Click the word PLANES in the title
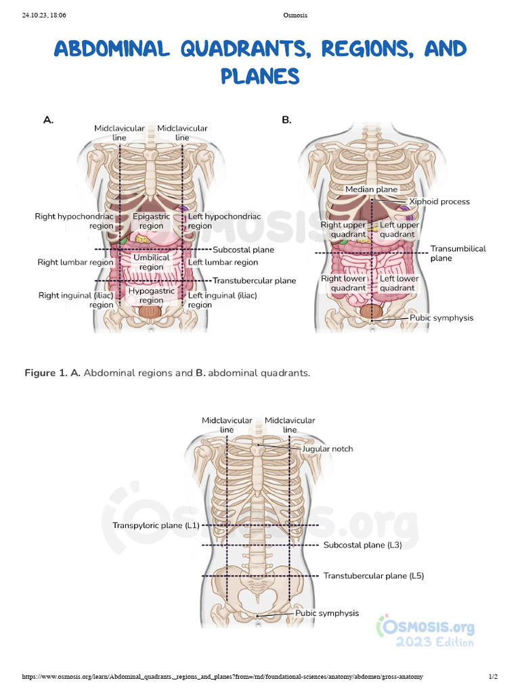[x=260, y=75]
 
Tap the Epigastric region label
[x=152, y=221]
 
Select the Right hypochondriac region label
[x=74, y=221]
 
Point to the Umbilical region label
[x=152, y=262]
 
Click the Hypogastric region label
[x=152, y=296]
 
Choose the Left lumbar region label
[x=223, y=263]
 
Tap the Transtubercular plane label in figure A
[x=254, y=281]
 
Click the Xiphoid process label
[x=439, y=202]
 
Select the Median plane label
[x=371, y=189]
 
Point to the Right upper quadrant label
[x=343, y=229]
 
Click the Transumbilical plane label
[x=458, y=253]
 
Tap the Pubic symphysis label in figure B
[x=441, y=317]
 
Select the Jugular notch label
[x=327, y=449]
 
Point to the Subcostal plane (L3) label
[x=363, y=545]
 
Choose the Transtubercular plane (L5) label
[x=373, y=576]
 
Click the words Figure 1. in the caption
[x=45, y=373]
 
